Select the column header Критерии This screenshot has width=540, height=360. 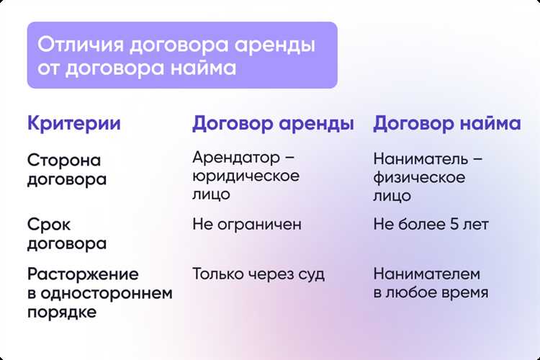coord(73,123)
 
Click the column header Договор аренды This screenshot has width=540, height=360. coord(273,123)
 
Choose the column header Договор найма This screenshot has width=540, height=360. coord(446,123)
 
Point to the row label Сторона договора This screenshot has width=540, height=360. coord(66,169)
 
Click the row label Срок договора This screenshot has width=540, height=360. coord(66,234)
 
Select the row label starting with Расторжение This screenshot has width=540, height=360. coord(100,293)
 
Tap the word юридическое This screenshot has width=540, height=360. coord(246,176)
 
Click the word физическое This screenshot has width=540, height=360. coord(419,176)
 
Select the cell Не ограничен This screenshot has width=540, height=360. coord(246,225)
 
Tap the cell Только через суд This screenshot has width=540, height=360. coord(258,274)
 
